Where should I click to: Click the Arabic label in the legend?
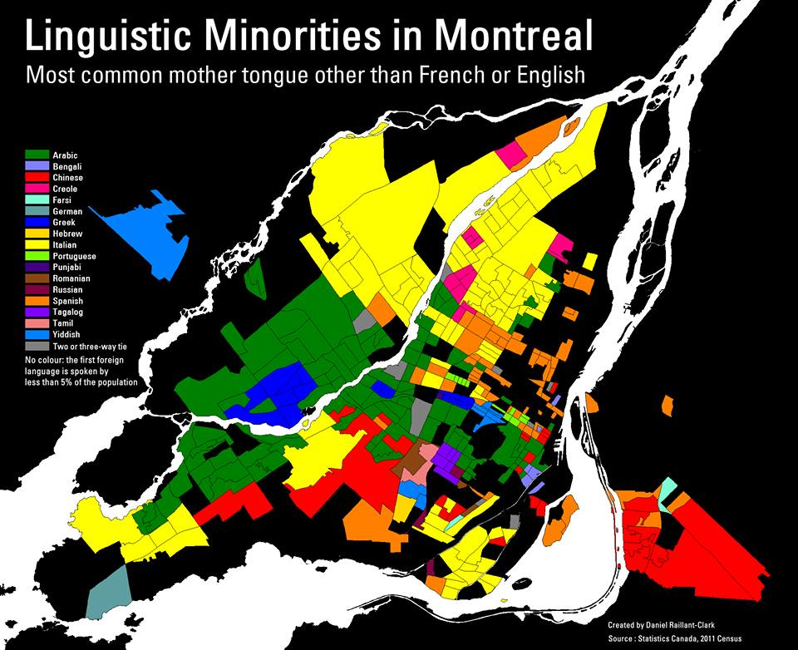point(66,155)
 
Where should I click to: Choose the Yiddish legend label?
point(67,334)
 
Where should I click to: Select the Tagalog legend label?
point(67,312)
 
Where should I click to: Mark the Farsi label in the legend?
point(63,200)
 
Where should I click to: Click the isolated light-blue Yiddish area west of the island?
point(150,233)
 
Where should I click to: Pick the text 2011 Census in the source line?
point(717,638)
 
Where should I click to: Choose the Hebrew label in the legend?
point(66,234)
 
